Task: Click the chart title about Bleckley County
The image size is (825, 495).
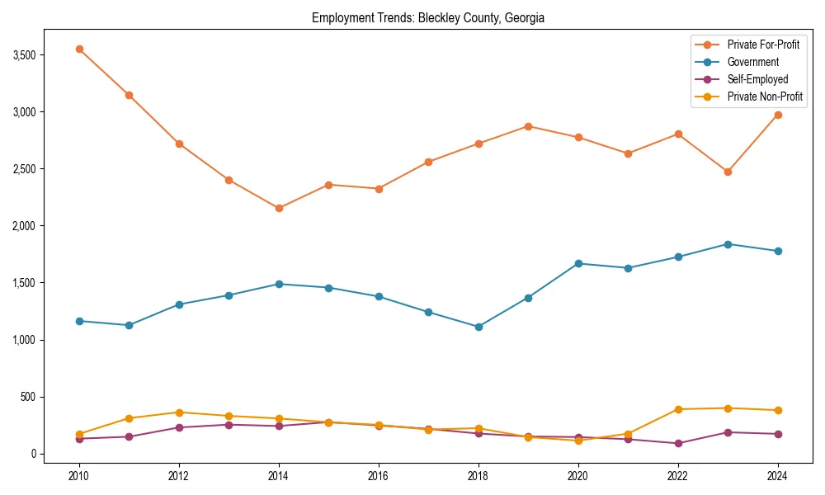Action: tap(428, 18)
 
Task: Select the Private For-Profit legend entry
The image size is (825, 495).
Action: tap(757, 45)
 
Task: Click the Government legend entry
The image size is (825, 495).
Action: tap(752, 62)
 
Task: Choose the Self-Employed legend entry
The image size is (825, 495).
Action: tap(757, 79)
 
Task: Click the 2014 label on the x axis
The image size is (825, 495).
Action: tap(279, 476)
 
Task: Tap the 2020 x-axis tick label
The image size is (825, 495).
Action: tap(578, 476)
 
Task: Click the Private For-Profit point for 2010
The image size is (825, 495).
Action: tap(79, 49)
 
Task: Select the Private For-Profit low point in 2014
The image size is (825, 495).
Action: tap(279, 208)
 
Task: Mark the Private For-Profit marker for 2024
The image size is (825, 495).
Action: tap(778, 115)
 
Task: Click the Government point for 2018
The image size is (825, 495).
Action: tap(478, 327)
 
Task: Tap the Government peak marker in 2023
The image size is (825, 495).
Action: tap(728, 244)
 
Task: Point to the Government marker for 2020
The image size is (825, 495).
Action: tap(578, 263)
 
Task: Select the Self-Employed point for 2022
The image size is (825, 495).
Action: tap(678, 443)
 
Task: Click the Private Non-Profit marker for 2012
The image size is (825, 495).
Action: tap(179, 412)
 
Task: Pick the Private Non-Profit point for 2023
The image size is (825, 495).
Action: tap(728, 408)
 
